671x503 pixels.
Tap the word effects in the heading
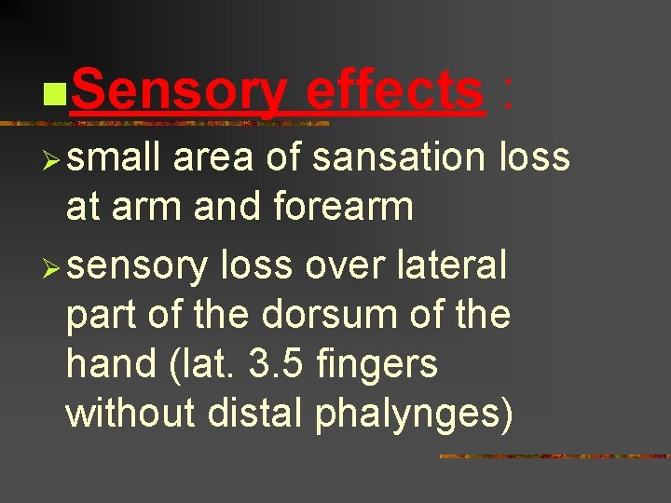click(393, 92)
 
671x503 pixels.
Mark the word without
click(130, 414)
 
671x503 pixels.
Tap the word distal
click(257, 414)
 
